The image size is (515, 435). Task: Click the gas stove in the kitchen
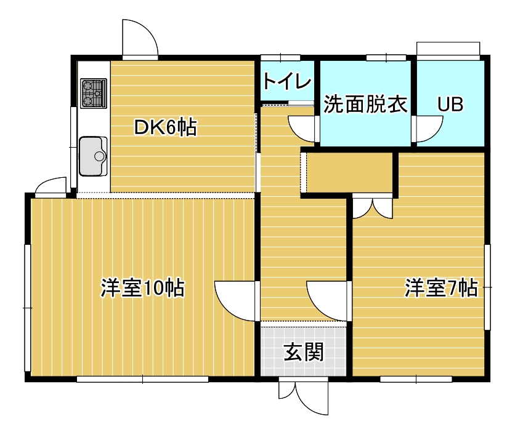[x=94, y=93]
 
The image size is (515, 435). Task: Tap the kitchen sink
[x=93, y=156]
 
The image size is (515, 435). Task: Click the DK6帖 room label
[x=166, y=127]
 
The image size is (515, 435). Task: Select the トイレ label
[x=287, y=81]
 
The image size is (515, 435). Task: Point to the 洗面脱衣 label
[x=365, y=105]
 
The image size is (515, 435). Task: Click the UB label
[x=450, y=105]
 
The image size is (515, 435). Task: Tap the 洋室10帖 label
[x=142, y=288]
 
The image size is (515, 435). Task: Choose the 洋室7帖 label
[x=441, y=288]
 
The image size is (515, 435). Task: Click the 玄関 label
[x=304, y=352]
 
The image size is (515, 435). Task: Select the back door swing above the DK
[x=140, y=39]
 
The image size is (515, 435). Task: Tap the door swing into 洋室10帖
[x=235, y=301]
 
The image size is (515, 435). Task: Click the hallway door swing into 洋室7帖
[x=327, y=301]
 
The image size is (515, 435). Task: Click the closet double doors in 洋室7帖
[x=373, y=207]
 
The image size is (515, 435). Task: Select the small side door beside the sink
[x=51, y=187]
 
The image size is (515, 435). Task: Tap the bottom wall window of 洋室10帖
[x=142, y=379]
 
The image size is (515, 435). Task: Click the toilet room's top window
[x=280, y=58]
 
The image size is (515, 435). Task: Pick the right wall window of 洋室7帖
[x=488, y=287]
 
